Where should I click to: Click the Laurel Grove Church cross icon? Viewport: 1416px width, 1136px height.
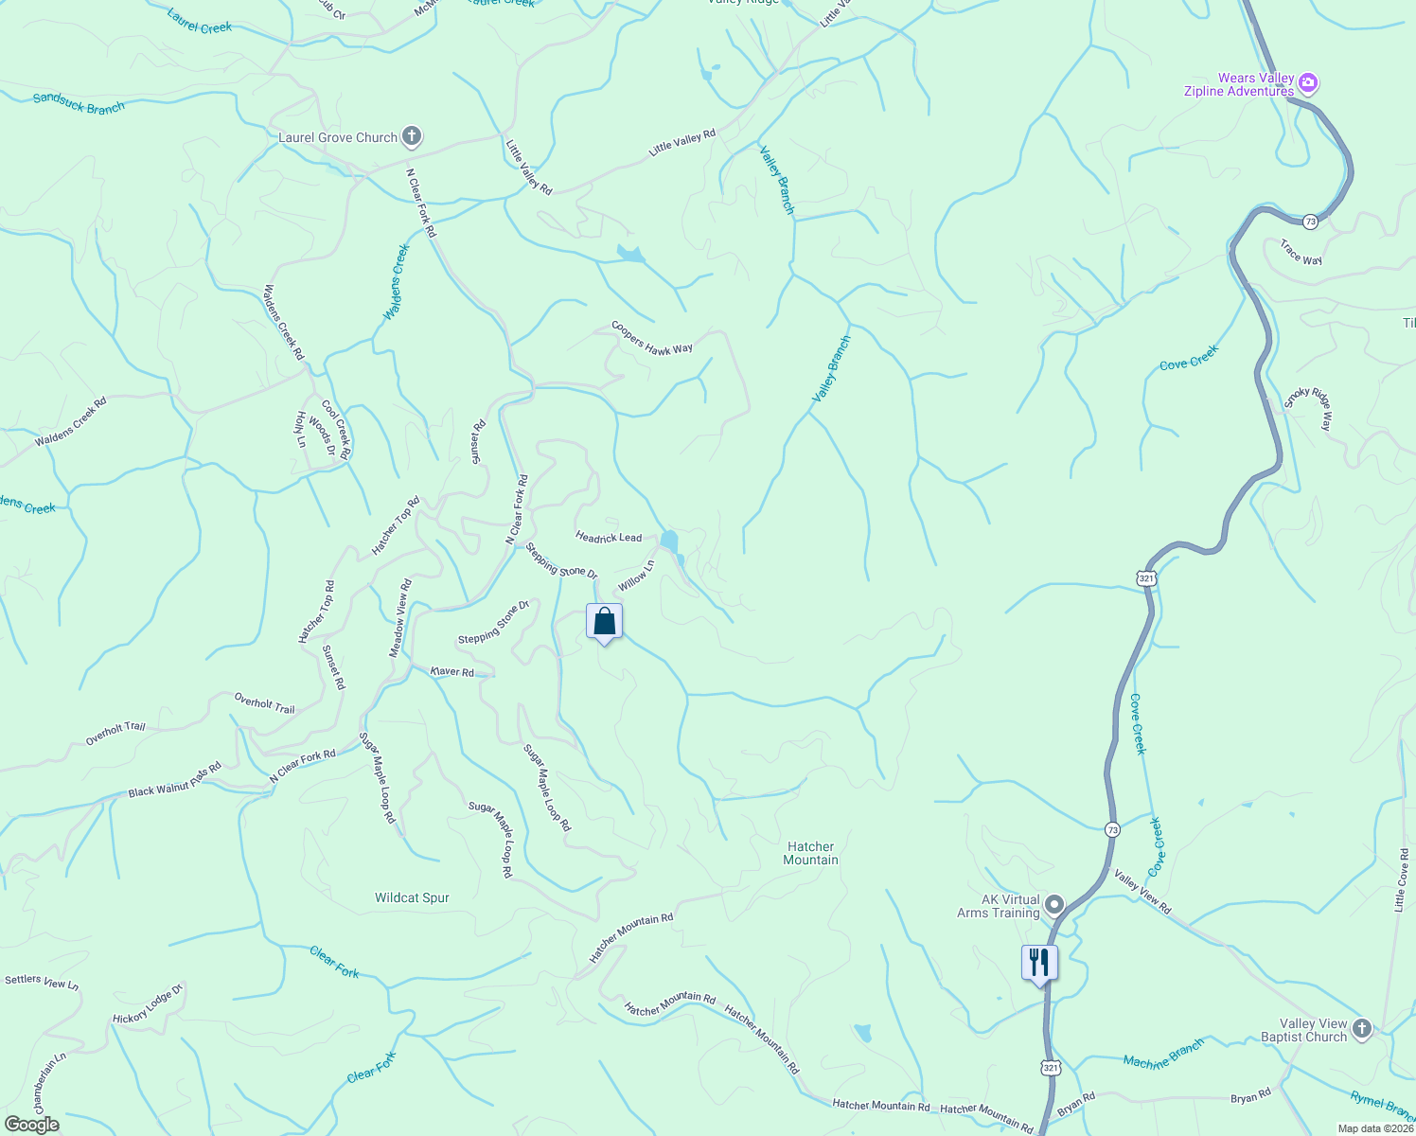point(411,136)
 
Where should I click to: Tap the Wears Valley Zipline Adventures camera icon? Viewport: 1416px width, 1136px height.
point(1308,83)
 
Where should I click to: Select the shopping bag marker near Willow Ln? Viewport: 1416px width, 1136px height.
point(604,622)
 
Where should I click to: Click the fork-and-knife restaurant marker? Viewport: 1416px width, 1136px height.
point(1039,963)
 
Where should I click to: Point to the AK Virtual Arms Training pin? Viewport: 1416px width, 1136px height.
point(1054,904)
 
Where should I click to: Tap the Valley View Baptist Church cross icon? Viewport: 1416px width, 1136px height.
point(1361,1028)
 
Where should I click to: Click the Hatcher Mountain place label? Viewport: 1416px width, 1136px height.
point(810,853)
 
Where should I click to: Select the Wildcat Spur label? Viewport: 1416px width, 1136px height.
point(412,897)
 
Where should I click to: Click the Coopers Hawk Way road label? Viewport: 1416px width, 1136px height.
point(651,338)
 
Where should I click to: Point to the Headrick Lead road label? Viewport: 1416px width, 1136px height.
point(609,537)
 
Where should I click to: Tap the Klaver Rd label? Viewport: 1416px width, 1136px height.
point(451,671)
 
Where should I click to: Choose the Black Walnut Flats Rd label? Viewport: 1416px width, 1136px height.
point(174,778)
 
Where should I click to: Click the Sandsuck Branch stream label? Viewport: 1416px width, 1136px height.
point(79,103)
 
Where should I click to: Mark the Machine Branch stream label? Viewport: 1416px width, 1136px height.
point(1163,1053)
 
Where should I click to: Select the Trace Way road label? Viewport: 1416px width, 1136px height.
point(1301,253)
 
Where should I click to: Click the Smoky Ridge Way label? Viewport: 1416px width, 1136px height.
point(1308,409)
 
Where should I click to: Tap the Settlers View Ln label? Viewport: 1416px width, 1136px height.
point(42,982)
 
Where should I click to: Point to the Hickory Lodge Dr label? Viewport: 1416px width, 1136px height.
point(147,1004)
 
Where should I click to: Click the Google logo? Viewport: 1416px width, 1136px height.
point(32,1125)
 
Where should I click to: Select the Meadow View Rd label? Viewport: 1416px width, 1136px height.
point(400,618)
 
